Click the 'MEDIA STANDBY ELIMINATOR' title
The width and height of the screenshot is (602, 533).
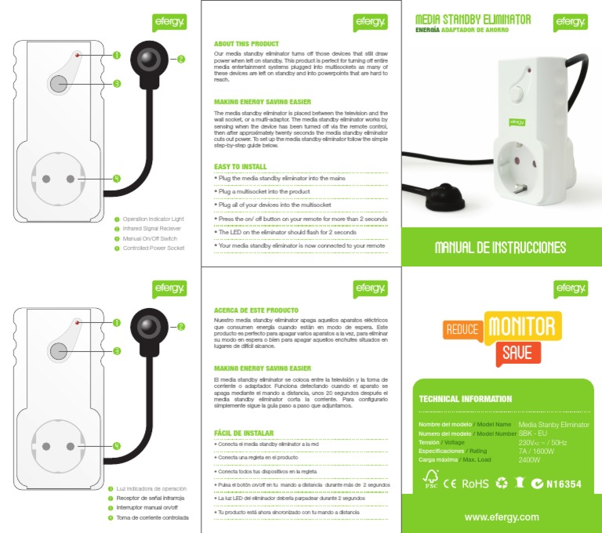473,19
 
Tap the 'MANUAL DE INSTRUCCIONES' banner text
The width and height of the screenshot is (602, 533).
501,248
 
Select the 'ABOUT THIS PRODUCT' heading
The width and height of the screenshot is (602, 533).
246,44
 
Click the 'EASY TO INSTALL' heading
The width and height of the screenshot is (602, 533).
241,166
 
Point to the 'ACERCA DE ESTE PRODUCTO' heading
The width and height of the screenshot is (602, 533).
256,310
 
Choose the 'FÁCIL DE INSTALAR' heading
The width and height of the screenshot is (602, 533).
244,433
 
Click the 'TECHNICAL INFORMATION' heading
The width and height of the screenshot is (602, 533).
466,399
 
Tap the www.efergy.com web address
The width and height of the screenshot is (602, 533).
501,517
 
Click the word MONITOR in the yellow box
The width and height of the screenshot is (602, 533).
523,326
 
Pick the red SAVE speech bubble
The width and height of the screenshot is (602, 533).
517,354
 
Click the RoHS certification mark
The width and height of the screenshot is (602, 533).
476,484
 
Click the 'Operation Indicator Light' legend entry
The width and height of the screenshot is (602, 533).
153,219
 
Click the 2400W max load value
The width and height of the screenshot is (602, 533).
535,460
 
